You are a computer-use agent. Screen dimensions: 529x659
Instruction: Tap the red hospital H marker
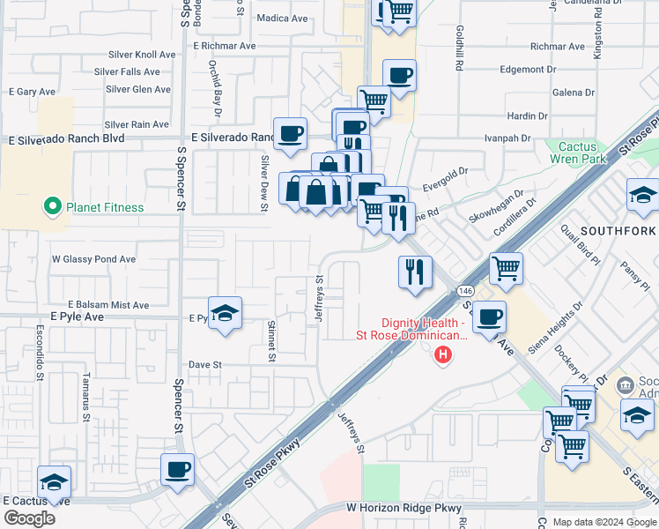point(443,354)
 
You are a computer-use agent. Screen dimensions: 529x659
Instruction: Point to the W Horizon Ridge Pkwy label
point(404,508)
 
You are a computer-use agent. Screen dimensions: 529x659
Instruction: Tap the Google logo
point(29,518)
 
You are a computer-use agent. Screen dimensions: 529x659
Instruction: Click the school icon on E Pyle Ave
point(226,313)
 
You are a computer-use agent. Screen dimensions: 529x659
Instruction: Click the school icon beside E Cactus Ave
point(54,481)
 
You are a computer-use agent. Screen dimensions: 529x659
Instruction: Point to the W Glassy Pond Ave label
point(93,259)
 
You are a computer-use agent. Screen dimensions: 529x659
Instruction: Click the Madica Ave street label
point(283,18)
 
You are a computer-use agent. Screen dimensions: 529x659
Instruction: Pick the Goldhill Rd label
point(459,48)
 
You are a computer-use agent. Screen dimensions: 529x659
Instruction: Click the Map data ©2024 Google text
point(604,522)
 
